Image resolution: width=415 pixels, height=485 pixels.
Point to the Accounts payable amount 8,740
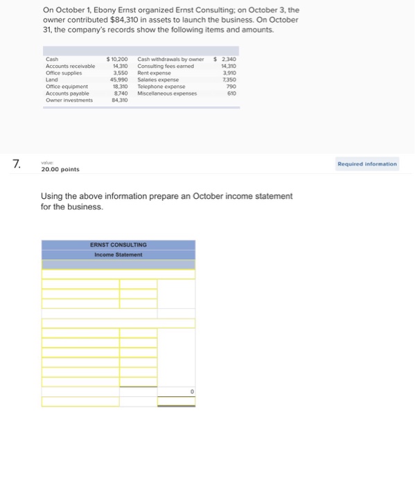point(121,93)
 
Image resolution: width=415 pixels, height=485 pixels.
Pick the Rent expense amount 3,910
point(228,73)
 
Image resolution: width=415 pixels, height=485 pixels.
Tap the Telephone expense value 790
point(231,86)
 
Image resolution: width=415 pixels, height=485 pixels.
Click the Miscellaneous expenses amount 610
point(231,93)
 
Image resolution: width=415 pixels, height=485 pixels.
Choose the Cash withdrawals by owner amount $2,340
point(226,59)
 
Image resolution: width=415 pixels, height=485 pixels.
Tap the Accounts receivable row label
point(69,66)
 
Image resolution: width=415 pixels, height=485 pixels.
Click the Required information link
point(367,164)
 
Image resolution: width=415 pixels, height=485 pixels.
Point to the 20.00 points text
point(60,169)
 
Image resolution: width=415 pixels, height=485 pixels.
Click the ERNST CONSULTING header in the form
point(118,245)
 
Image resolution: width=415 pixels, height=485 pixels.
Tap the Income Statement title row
point(118,254)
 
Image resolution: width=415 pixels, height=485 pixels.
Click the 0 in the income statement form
point(192,391)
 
